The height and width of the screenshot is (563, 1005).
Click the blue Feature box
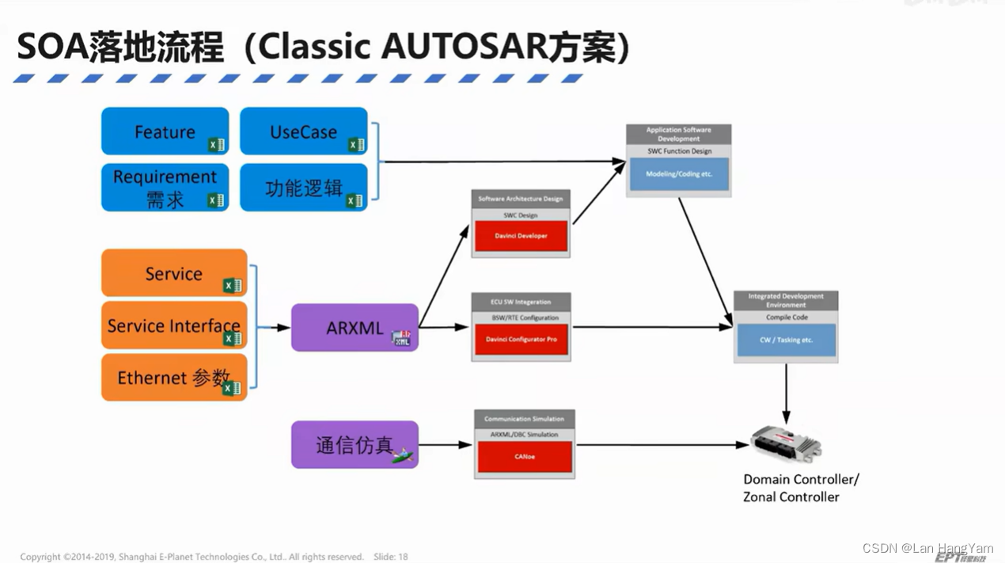coord(165,131)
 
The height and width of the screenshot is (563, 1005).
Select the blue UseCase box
coord(303,131)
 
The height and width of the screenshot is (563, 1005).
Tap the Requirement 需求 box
coord(165,188)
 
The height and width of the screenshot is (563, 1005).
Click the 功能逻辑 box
coord(303,188)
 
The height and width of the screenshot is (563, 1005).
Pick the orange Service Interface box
coord(174,325)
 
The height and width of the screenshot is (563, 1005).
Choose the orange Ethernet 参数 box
coord(174,378)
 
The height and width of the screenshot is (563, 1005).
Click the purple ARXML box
coord(355,327)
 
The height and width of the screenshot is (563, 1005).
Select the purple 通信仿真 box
coord(355,444)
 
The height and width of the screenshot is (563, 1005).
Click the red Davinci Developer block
coord(521,236)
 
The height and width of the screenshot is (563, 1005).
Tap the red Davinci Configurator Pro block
coord(521,340)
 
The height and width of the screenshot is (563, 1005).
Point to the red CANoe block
coord(524,457)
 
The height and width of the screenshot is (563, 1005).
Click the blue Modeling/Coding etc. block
coord(678,174)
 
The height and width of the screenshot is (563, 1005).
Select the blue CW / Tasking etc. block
coord(786,340)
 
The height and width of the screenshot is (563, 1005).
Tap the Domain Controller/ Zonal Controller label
coord(800,488)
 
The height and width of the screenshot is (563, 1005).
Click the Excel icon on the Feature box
coord(216,145)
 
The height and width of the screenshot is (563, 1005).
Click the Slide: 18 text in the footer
coord(390,557)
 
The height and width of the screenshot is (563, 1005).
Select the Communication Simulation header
coord(524,419)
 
